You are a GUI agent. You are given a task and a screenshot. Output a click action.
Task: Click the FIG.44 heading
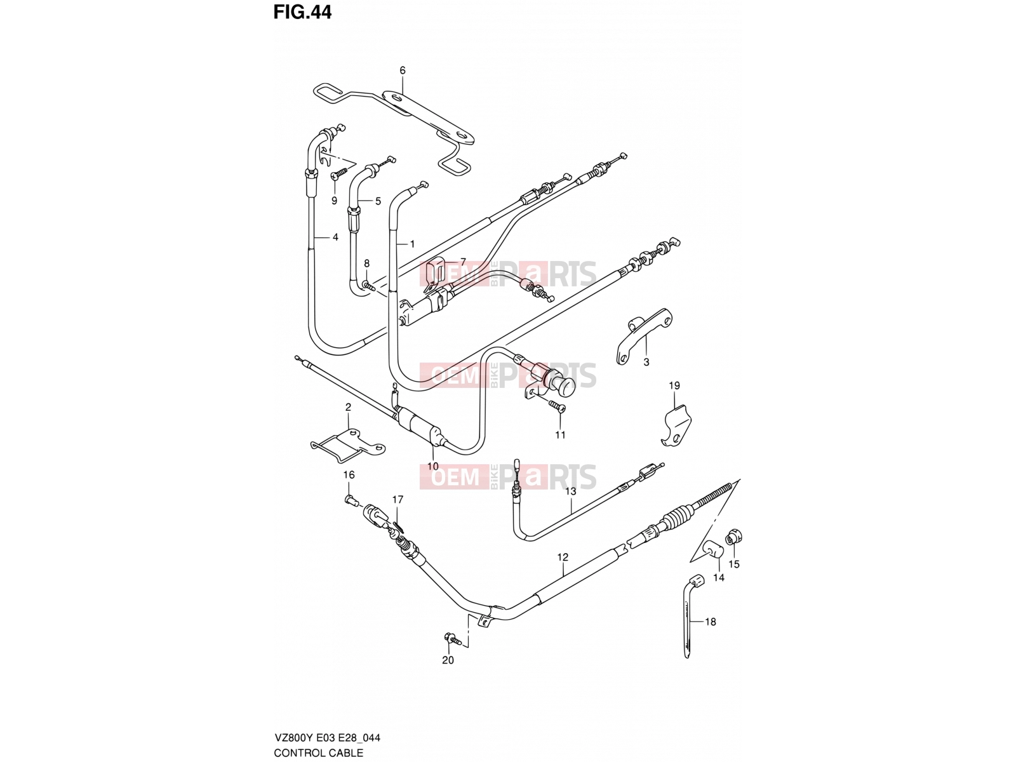(302, 12)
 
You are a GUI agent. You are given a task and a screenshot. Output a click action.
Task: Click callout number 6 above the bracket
(402, 70)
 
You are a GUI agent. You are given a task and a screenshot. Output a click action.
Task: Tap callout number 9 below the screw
(334, 200)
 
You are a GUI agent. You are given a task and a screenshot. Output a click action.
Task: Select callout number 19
(674, 385)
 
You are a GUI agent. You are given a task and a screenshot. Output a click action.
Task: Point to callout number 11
(560, 435)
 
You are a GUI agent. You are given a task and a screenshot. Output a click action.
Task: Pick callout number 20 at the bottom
(448, 660)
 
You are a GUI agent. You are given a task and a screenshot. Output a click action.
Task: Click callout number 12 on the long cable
(563, 557)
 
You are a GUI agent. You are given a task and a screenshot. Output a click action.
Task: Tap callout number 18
(710, 622)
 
